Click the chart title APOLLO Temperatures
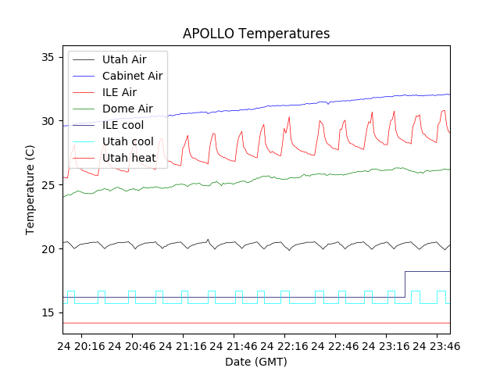click(256, 34)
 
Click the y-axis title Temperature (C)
click(30, 189)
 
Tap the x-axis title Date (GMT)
click(256, 362)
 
